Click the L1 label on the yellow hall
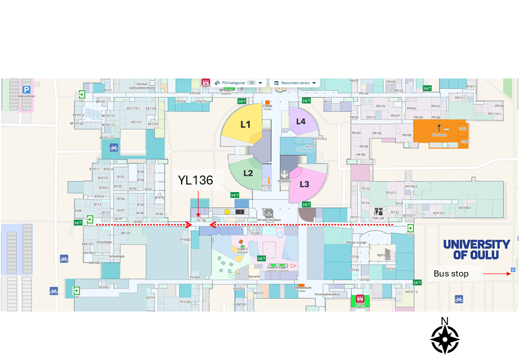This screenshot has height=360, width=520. (245, 124)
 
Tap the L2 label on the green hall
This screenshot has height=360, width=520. (248, 173)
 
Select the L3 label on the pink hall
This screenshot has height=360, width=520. (304, 184)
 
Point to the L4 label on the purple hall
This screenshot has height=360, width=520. (300, 121)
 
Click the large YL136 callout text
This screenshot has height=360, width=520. (195, 180)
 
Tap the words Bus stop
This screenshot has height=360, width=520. (451, 273)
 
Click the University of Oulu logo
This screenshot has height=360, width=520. (476, 249)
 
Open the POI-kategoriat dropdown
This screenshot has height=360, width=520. (238, 82)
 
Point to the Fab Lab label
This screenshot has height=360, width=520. (378, 218)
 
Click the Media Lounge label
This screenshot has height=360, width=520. (356, 242)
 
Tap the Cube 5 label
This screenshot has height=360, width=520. (242, 249)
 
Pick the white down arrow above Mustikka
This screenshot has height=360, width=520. (284, 174)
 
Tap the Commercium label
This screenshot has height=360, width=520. (301, 287)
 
